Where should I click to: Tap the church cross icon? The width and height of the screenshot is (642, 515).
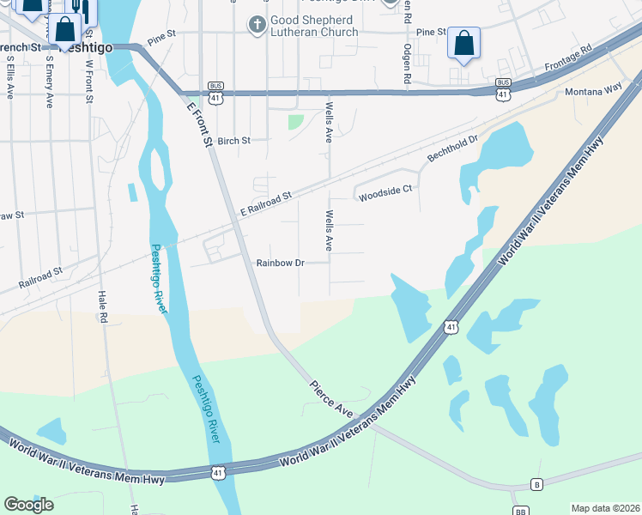point(256,24)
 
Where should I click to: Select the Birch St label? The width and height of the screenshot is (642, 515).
point(233,141)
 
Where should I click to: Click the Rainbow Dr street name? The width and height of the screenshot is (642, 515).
point(281,263)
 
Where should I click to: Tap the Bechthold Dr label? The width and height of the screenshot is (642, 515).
point(452,149)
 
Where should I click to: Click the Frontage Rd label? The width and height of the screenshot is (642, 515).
point(569,58)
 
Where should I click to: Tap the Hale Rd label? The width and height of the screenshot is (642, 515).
point(102,304)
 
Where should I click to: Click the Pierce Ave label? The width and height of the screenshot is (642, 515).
point(332,399)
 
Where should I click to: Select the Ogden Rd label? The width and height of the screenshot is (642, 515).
point(407,69)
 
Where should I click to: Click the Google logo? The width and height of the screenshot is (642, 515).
point(28,505)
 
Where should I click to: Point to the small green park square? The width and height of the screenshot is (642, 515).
point(295,122)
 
